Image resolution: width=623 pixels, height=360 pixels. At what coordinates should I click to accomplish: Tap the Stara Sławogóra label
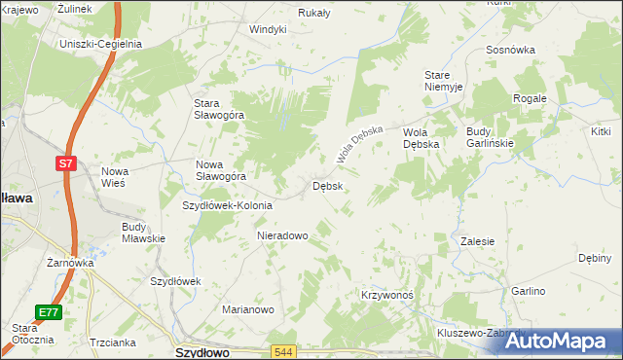(220, 110)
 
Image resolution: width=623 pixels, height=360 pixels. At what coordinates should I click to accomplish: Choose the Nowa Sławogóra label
(220, 170)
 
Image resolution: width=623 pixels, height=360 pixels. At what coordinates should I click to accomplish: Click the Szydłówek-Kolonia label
(228, 205)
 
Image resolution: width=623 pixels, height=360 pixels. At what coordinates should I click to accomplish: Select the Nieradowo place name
(282, 235)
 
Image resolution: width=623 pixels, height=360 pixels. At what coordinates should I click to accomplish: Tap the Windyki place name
(268, 29)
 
